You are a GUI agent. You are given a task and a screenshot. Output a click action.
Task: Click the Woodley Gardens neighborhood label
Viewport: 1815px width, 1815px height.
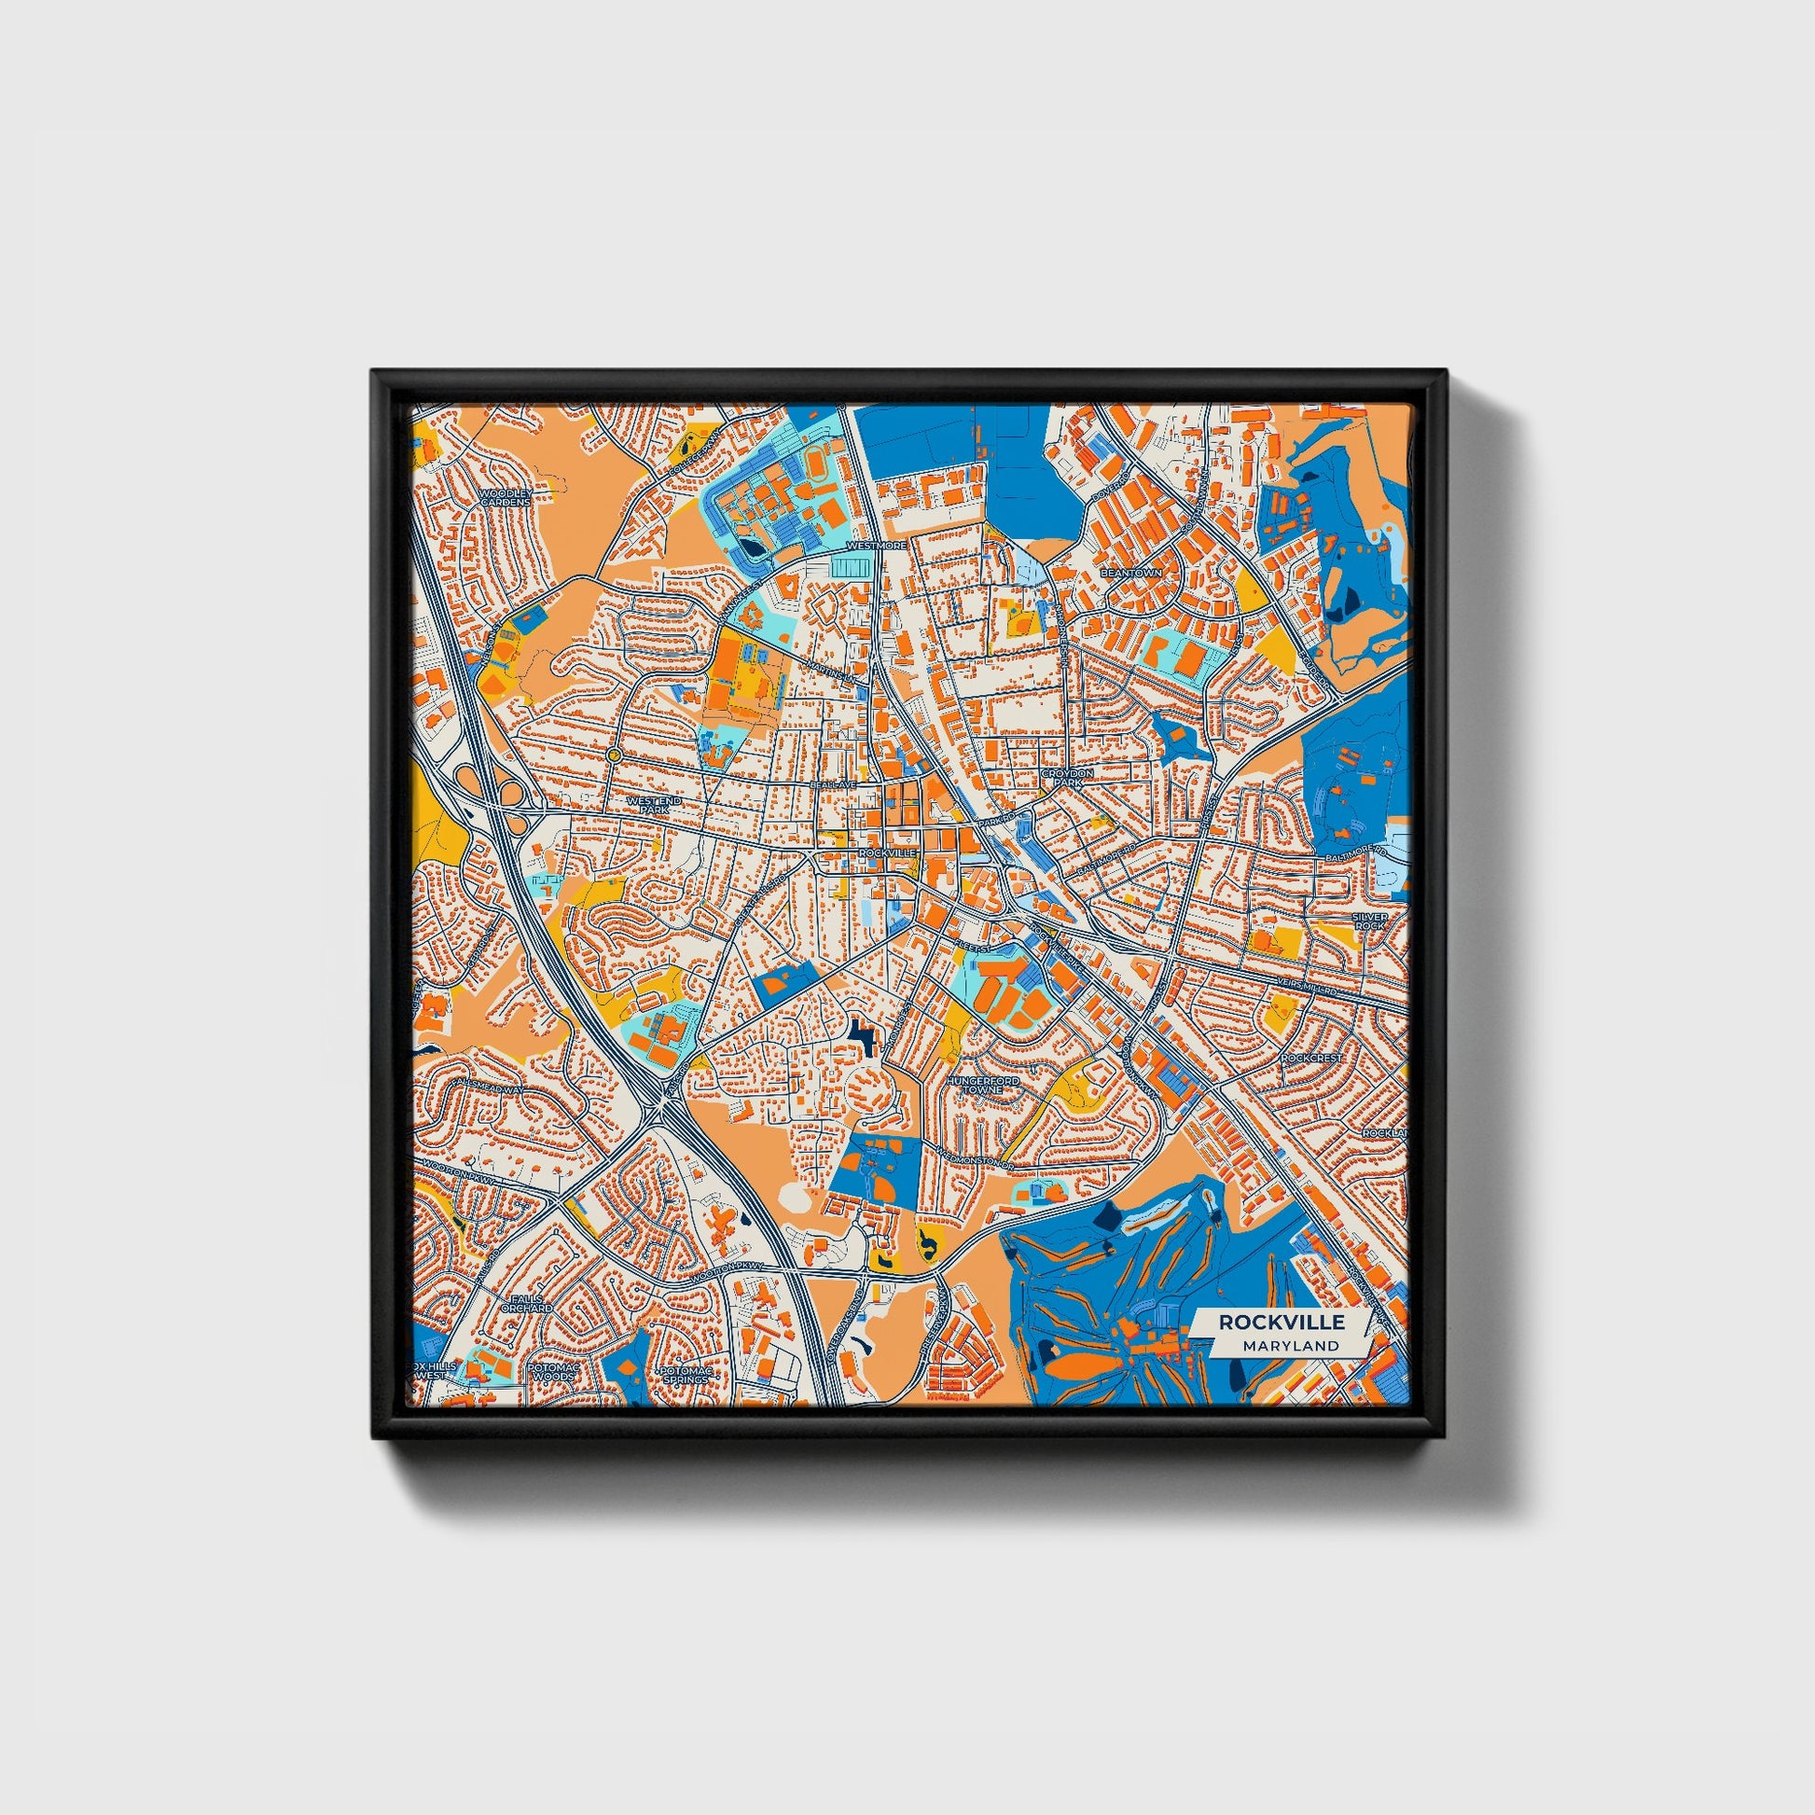[x=506, y=498]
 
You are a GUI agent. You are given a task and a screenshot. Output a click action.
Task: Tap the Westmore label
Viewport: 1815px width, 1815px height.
[x=876, y=545]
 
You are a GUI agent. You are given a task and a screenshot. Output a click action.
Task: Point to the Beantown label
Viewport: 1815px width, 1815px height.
[x=1131, y=572]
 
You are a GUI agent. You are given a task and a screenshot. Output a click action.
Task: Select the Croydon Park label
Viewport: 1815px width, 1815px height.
[x=1067, y=777]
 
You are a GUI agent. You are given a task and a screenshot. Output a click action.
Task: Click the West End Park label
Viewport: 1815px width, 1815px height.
[x=649, y=804]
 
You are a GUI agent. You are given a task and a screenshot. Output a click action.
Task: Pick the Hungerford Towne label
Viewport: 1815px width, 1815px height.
[x=984, y=1085]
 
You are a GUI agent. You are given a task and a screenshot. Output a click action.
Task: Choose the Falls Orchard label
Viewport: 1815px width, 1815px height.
[x=526, y=1303]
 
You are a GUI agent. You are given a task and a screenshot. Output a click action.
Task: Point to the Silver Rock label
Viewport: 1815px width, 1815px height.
[x=1369, y=921]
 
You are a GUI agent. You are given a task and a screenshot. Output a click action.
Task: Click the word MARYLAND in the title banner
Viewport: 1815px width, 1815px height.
[x=1290, y=1345]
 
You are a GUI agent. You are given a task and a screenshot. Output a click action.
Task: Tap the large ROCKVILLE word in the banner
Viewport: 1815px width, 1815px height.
[x=1282, y=1322]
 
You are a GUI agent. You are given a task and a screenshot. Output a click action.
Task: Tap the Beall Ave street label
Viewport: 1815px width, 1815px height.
[x=833, y=783]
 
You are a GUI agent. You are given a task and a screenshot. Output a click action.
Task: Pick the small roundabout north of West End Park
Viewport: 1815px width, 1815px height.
[x=614, y=755]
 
